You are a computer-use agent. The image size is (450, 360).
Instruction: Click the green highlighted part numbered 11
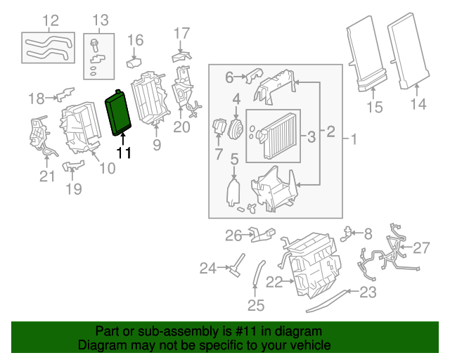pyautogui.click(x=120, y=111)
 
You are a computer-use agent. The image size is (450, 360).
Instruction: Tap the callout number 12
pyautogui.click(x=51, y=20)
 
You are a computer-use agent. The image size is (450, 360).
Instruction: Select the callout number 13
pyautogui.click(x=101, y=20)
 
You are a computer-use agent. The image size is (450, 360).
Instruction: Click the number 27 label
pyautogui.click(x=420, y=247)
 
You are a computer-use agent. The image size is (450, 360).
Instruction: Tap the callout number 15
pyautogui.click(x=374, y=108)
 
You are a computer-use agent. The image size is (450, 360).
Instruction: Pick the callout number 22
pyautogui.click(x=274, y=282)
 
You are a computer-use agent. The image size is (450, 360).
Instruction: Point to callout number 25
pyautogui.click(x=255, y=305)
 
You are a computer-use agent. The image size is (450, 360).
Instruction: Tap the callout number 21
pyautogui.click(x=46, y=176)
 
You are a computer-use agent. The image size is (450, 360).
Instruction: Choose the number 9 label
pyautogui.click(x=156, y=146)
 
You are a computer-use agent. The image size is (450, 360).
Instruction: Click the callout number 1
pyautogui.click(x=354, y=140)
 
